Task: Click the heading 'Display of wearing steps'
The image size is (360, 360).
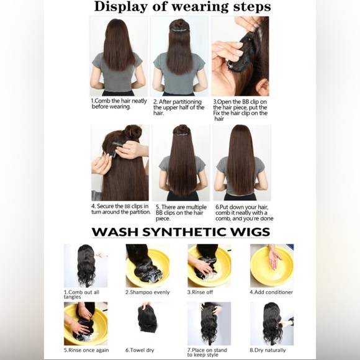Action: click(x=182, y=7)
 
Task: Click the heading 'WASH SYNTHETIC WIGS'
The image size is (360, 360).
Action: click(x=181, y=232)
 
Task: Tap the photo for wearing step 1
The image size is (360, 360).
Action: click(x=118, y=56)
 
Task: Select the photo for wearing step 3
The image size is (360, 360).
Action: click(x=241, y=56)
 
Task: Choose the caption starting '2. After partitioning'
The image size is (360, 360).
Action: click(x=179, y=107)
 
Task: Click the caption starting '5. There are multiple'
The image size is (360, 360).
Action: click(x=179, y=212)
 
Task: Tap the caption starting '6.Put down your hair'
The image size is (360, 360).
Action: click(x=244, y=212)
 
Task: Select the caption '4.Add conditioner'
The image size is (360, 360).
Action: click(x=271, y=292)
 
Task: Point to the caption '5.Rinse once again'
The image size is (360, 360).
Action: click(x=84, y=350)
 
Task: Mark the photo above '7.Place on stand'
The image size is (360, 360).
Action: click(x=209, y=323)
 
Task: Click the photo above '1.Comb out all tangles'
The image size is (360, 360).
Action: click(x=85, y=265)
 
